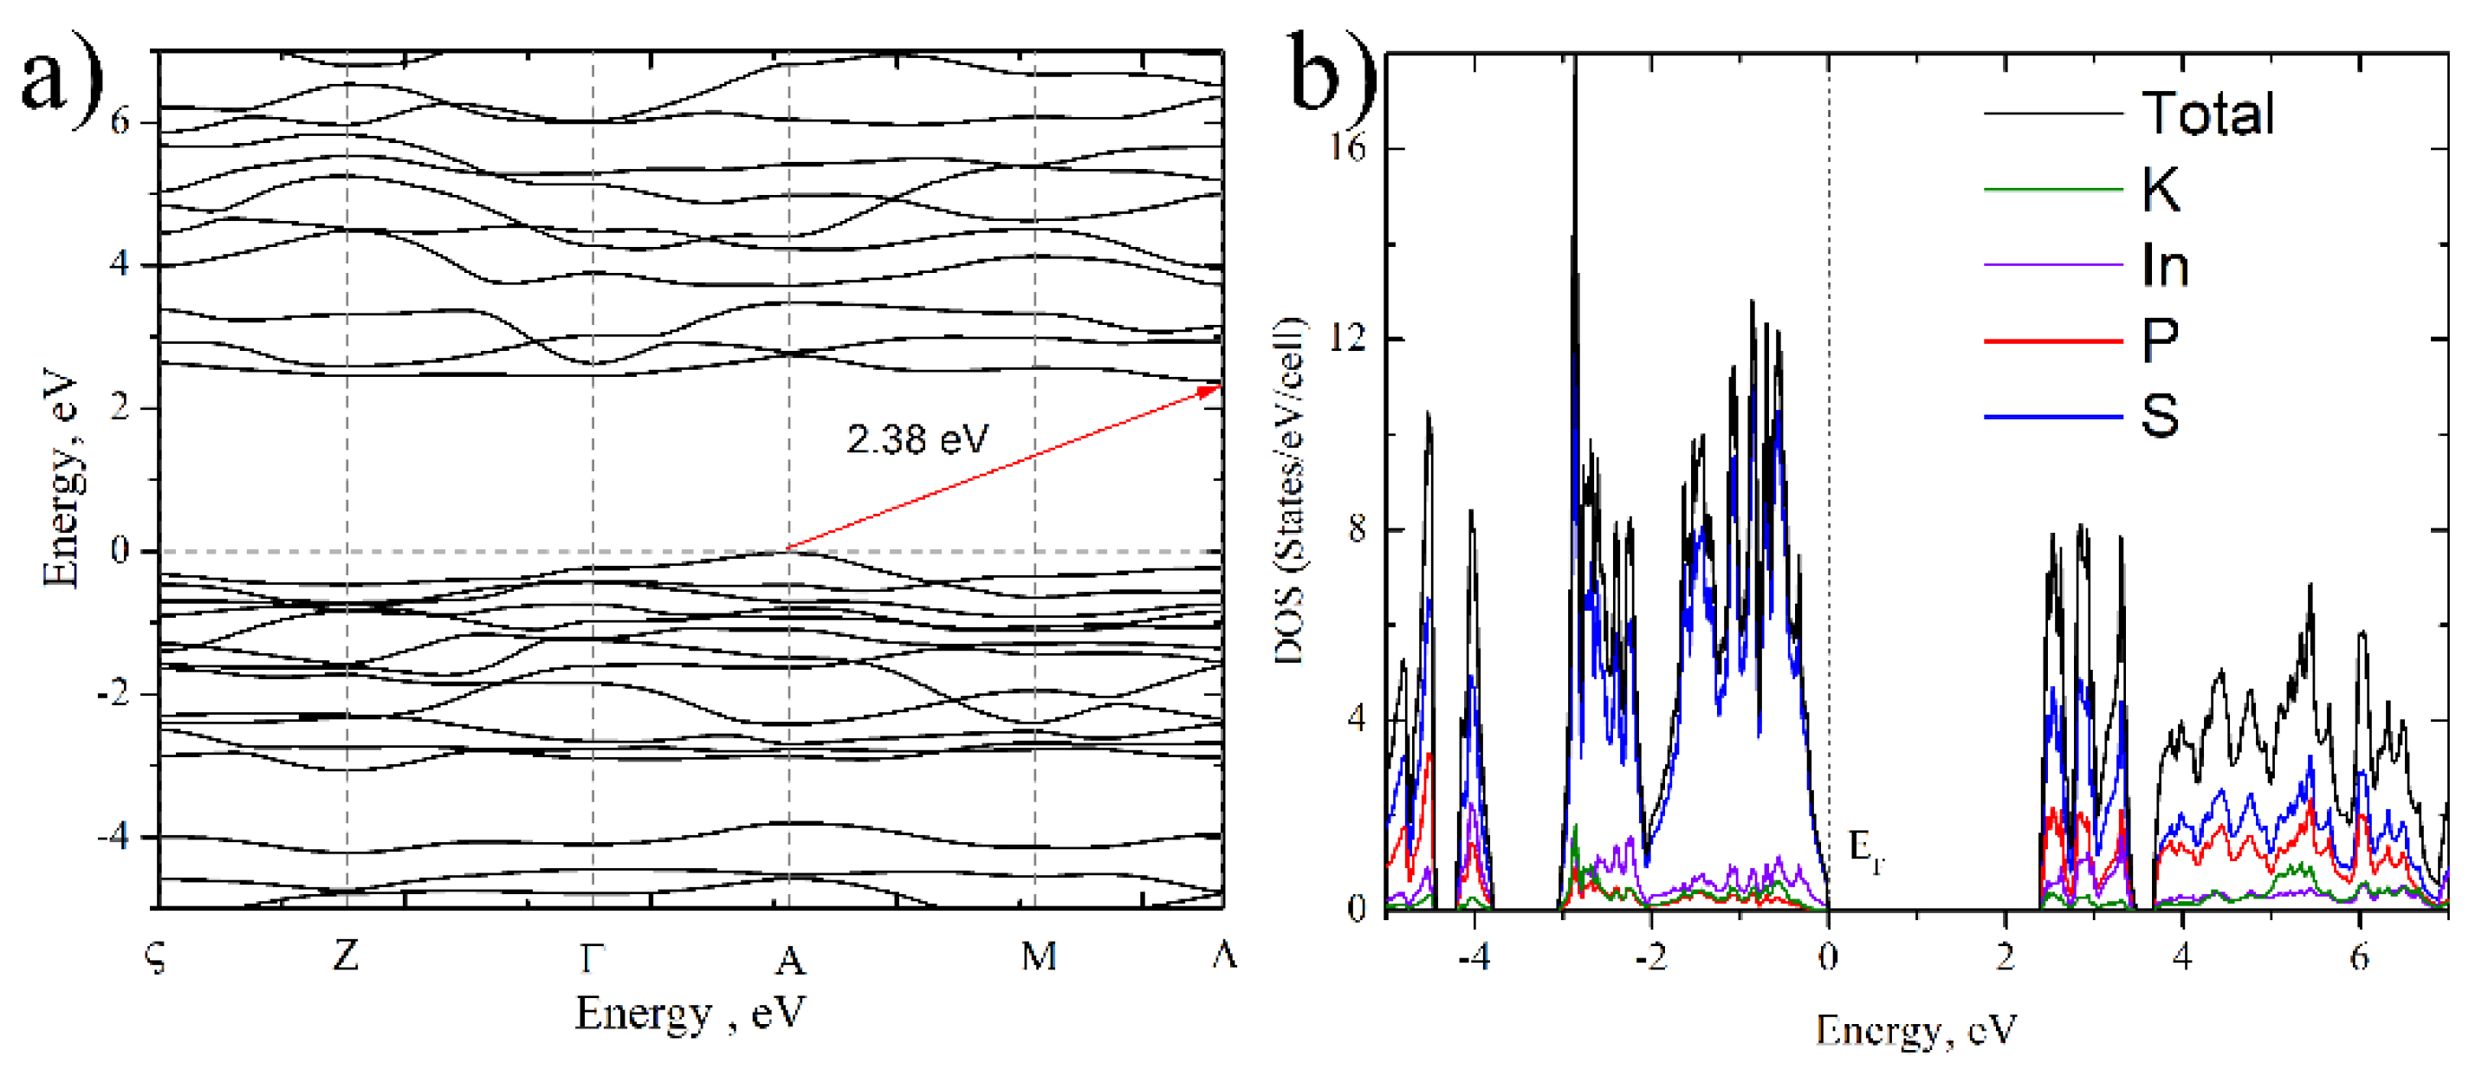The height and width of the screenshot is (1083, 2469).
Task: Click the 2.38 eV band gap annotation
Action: coord(917,440)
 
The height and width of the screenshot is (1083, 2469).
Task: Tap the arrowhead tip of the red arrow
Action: coord(1219,386)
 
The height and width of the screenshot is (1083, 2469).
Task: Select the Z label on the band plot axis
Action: coord(346,956)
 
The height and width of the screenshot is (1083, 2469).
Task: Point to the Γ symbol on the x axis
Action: coord(593,957)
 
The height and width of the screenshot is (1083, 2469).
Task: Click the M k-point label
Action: coord(1039,956)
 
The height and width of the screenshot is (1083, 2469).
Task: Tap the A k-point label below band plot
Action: coord(790,958)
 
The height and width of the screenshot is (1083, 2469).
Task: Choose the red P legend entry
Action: coord(2161,340)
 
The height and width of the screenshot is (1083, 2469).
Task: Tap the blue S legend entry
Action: coord(2161,416)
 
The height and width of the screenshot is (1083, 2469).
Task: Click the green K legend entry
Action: coord(2161,189)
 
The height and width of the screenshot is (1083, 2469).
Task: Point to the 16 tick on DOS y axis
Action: coord(1348,150)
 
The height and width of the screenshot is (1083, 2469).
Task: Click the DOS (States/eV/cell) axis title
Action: coord(1289,490)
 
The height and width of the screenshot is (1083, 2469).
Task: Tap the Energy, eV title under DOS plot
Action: coord(1915,1030)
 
